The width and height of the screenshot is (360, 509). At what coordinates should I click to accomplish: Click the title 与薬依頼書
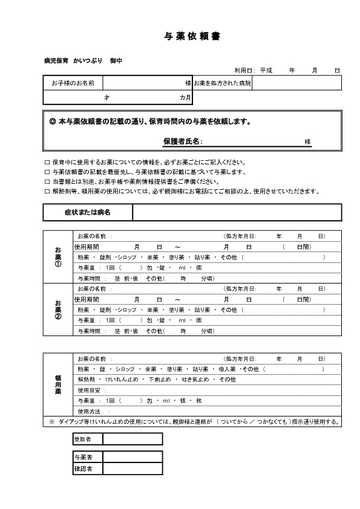tap(192, 36)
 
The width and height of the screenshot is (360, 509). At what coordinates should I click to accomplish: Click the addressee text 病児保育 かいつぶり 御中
tap(83, 62)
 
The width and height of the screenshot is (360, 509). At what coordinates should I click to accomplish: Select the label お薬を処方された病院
tap(222, 82)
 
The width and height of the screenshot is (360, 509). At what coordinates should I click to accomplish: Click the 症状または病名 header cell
tap(88, 212)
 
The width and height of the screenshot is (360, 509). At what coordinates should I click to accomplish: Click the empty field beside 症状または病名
tap(237, 212)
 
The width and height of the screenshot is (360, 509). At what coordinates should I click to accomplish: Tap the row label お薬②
tap(58, 310)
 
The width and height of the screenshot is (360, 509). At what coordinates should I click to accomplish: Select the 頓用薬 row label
tap(58, 384)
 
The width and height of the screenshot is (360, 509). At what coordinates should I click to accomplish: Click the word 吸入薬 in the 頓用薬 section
tap(226, 369)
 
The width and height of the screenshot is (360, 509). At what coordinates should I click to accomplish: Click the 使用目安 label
tap(88, 390)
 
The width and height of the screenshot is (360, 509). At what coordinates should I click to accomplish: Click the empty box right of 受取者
tap(133, 438)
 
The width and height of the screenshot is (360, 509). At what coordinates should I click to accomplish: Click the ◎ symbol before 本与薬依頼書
tap(52, 122)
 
